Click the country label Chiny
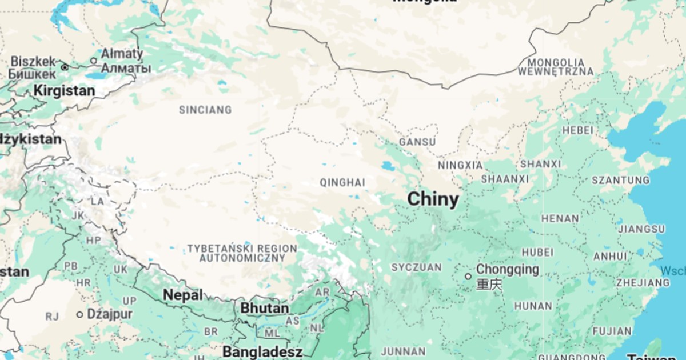pyautogui.click(x=433, y=199)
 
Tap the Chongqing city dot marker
pyautogui.click(x=468, y=277)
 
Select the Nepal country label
pyautogui.click(x=183, y=295)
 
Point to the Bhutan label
pyautogui.click(x=264, y=308)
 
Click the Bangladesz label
pyautogui.click(x=262, y=351)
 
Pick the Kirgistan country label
pyautogui.click(x=64, y=90)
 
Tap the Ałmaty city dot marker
pyautogui.click(x=94, y=61)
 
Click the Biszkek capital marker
pyautogui.click(x=65, y=67)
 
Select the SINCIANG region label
pyautogui.click(x=205, y=110)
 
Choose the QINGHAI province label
pyautogui.click(x=342, y=183)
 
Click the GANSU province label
pyautogui.click(x=417, y=142)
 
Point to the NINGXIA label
pyautogui.click(x=460, y=165)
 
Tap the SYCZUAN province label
pyautogui.click(x=417, y=267)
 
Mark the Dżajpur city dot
pyautogui.click(x=80, y=315)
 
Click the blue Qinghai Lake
pyautogui.click(x=388, y=167)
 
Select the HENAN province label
pyautogui.click(x=560, y=218)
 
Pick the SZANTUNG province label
pyautogui.click(x=620, y=181)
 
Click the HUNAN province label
pyautogui.click(x=533, y=306)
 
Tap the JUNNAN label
pyautogui.click(x=403, y=351)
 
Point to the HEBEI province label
pyautogui.click(x=577, y=130)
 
